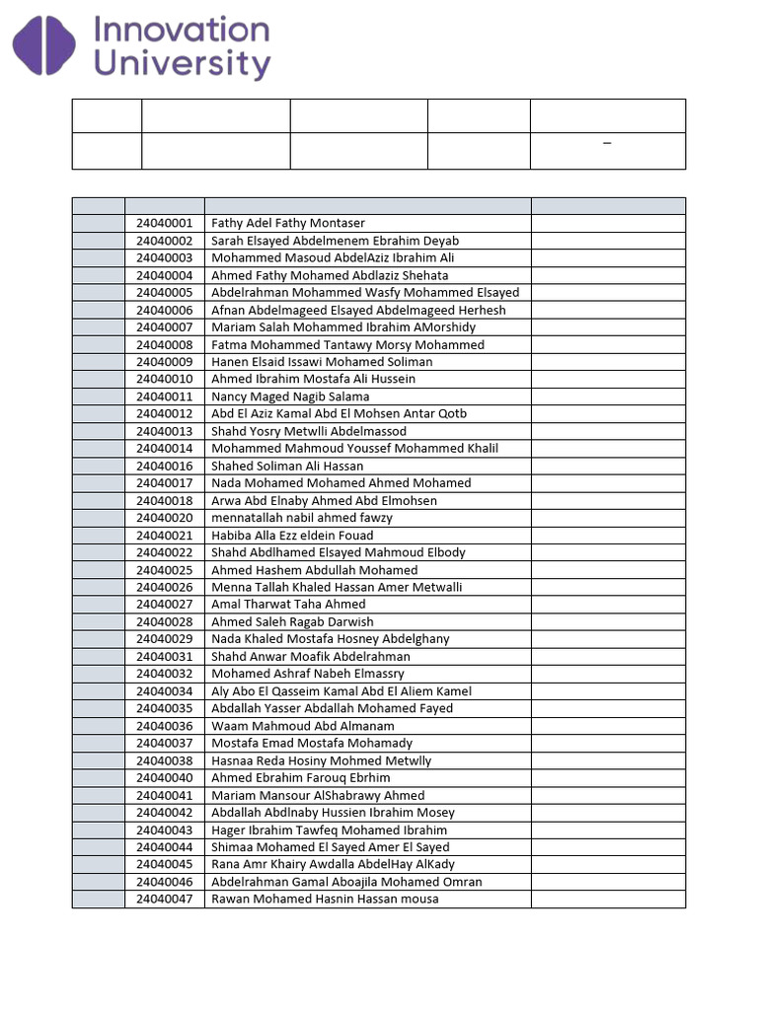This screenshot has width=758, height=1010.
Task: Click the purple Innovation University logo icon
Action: (x=43, y=47)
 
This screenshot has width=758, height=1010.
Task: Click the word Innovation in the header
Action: (x=181, y=30)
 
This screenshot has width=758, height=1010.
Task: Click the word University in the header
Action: (x=182, y=65)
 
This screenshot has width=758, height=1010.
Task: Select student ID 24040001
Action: (x=164, y=224)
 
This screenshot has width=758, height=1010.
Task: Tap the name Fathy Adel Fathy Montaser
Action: (x=288, y=224)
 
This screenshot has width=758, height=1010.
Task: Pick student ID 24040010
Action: (x=164, y=379)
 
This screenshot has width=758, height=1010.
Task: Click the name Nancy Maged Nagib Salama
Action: (x=290, y=397)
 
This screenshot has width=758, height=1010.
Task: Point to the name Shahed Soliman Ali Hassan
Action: (x=287, y=466)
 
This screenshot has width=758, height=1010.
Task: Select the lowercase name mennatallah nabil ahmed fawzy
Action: (x=302, y=518)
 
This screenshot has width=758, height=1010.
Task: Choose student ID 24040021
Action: (x=164, y=536)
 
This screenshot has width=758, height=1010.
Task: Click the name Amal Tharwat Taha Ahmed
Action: (x=288, y=605)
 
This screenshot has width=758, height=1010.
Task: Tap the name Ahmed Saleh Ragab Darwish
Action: (x=292, y=622)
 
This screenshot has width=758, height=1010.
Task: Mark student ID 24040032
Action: (x=164, y=674)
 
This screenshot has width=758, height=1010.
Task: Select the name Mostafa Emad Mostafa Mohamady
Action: (x=312, y=744)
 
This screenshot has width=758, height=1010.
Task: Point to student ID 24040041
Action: (x=164, y=796)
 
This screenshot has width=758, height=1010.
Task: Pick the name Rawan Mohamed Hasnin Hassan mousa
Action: (x=325, y=900)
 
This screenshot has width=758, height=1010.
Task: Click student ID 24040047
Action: (x=164, y=900)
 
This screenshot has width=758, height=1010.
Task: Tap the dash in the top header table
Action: (x=607, y=144)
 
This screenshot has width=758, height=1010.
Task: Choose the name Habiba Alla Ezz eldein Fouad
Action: (x=292, y=536)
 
